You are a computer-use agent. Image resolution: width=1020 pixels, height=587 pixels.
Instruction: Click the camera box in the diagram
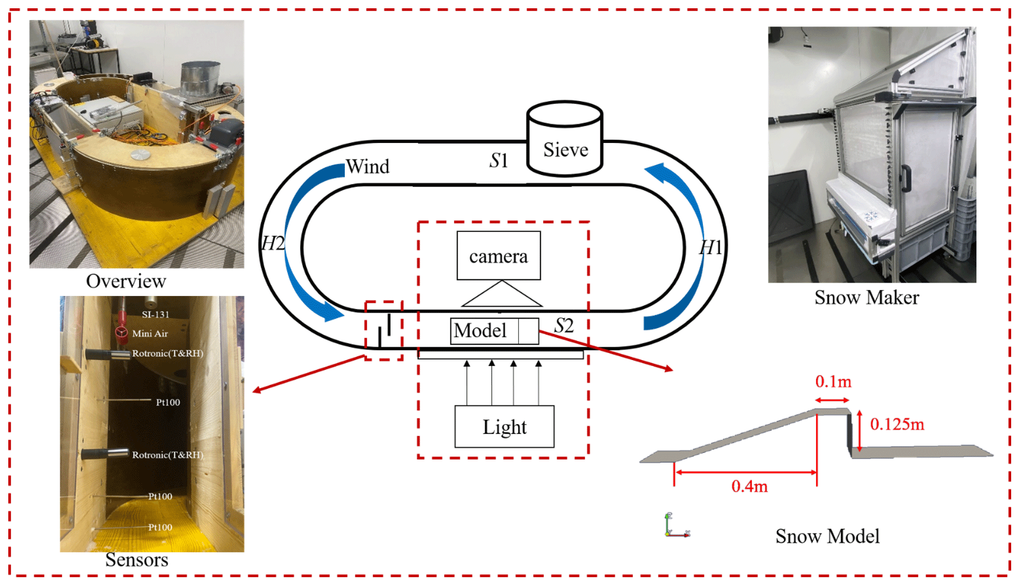[x=498, y=256]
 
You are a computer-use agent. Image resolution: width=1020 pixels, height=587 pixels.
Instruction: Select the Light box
[x=504, y=426]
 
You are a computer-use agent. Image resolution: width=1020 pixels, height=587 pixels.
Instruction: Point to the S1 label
[x=498, y=161]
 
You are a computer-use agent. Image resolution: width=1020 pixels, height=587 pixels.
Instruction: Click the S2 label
[x=564, y=325]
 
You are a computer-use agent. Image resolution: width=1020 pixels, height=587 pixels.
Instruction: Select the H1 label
[x=711, y=247]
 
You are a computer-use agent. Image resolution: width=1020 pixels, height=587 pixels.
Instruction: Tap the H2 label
[x=272, y=243]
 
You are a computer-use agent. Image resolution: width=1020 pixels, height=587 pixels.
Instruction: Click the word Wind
[x=367, y=167]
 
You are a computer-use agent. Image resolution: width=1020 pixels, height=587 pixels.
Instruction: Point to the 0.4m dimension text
[x=749, y=486]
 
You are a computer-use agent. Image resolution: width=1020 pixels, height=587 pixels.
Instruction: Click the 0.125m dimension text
[x=897, y=424]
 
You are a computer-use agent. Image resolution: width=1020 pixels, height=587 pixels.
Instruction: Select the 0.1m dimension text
[x=833, y=382]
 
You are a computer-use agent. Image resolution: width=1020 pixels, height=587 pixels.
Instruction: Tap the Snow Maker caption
[x=866, y=298]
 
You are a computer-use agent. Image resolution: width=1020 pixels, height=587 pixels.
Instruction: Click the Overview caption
[x=126, y=281]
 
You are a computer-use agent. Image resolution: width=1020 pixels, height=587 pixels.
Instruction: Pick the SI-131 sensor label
[x=156, y=314]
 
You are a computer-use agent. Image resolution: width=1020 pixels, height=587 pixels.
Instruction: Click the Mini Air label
[x=150, y=334]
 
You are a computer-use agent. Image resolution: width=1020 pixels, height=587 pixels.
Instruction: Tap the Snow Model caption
[x=827, y=536]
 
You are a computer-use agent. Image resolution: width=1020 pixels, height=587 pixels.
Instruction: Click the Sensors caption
[x=136, y=560]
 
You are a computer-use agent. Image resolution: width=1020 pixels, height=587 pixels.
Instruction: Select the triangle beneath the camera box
[x=502, y=295]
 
